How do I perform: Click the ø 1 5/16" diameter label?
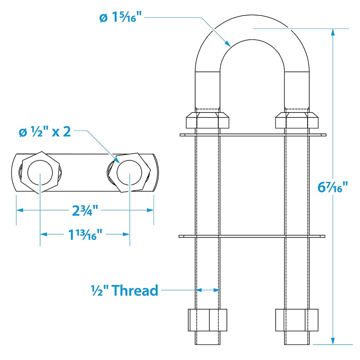click(x=121, y=17)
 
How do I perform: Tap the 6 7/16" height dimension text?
click(x=333, y=187)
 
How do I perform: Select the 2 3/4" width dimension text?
click(x=85, y=211)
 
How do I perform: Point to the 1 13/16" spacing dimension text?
click(x=85, y=234)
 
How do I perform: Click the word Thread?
click(x=135, y=290)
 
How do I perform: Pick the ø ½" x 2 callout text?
click(x=45, y=132)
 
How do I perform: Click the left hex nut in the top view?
click(x=40, y=172)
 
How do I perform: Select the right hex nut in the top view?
click(x=129, y=172)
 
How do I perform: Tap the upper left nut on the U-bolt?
click(x=207, y=120)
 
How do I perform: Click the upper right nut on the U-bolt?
click(x=297, y=120)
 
